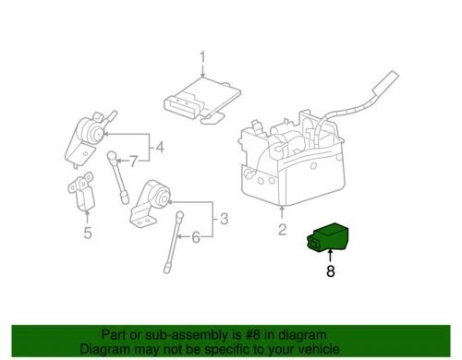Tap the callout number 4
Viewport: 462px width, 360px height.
click(x=159, y=146)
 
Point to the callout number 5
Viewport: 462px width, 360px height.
click(x=87, y=232)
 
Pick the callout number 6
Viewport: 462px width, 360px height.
click(x=195, y=238)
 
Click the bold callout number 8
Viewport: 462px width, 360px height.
click(x=329, y=271)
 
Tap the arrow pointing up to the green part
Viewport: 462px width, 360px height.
click(x=329, y=257)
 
